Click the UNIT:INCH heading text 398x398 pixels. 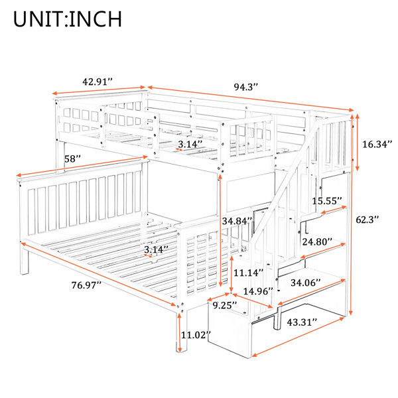pos(68,19)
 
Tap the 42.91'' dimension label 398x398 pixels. pos(98,82)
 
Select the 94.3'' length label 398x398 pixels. pos(245,87)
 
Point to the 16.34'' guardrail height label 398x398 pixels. pos(377,145)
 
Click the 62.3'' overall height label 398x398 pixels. pos(367,220)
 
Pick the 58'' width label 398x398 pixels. pos(72,159)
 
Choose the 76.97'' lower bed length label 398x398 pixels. pos(86,285)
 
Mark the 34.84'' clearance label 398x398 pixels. pos(237,221)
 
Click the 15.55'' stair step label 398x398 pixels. pos(326,201)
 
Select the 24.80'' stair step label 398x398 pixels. pos(317,241)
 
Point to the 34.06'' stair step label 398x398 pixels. pos(306,283)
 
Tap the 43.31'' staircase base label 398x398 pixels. pos(302,322)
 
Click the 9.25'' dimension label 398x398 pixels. pos(225,305)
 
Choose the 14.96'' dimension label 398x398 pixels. pos(258,291)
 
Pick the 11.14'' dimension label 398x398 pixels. pos(249,273)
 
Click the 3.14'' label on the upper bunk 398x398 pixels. pos(190,145)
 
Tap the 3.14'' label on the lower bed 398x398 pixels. pos(156,249)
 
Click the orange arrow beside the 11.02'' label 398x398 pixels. pos(180,333)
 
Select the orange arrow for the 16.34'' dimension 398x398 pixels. pos(358,143)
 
